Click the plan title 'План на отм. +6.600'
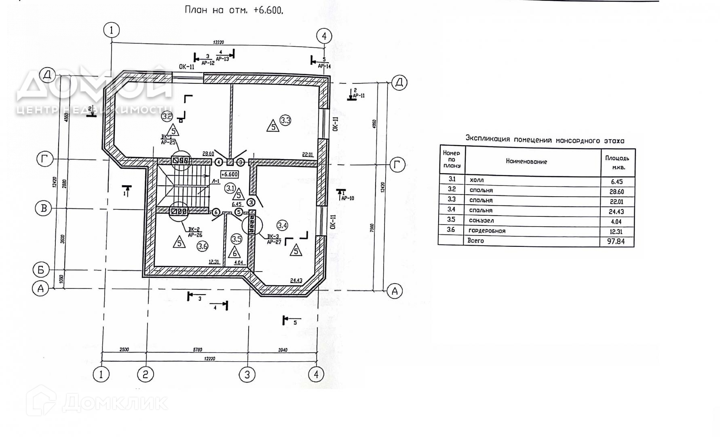pyautogui.click(x=234, y=10)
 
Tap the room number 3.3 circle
pyautogui.click(x=285, y=120)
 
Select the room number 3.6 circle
pyautogui.click(x=203, y=246)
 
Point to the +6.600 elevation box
pyautogui.click(x=229, y=174)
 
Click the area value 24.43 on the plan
pyautogui.click(x=296, y=280)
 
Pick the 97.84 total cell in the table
pyautogui.click(x=616, y=241)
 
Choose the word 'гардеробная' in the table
pyautogui.click(x=487, y=231)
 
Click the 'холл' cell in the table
pyautogui.click(x=477, y=180)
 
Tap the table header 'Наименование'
pyautogui.click(x=526, y=161)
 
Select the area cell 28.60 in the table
pyautogui.click(x=617, y=192)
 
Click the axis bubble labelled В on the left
pyautogui.click(x=44, y=208)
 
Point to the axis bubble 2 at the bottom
pyautogui.click(x=145, y=374)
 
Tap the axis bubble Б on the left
pyautogui.click(x=41, y=269)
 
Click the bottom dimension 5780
pyautogui.click(x=197, y=350)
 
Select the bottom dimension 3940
pyautogui.click(x=283, y=350)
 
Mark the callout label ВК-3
pyautogui.click(x=273, y=236)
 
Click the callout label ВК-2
pyautogui.click(x=194, y=229)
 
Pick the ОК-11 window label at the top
pyautogui.click(x=187, y=67)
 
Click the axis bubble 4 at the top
pyautogui.click(x=324, y=36)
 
